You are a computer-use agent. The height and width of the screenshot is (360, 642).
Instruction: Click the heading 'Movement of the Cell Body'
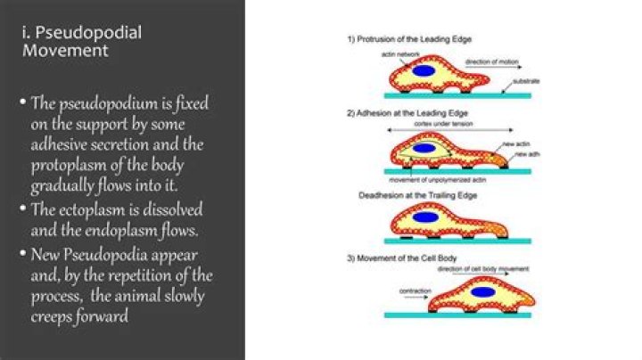(402, 258)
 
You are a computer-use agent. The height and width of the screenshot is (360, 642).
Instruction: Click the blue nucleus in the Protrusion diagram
(424, 70)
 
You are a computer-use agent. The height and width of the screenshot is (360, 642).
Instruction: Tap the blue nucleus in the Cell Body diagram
(482, 291)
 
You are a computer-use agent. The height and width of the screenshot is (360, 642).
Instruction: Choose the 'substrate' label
(526, 81)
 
